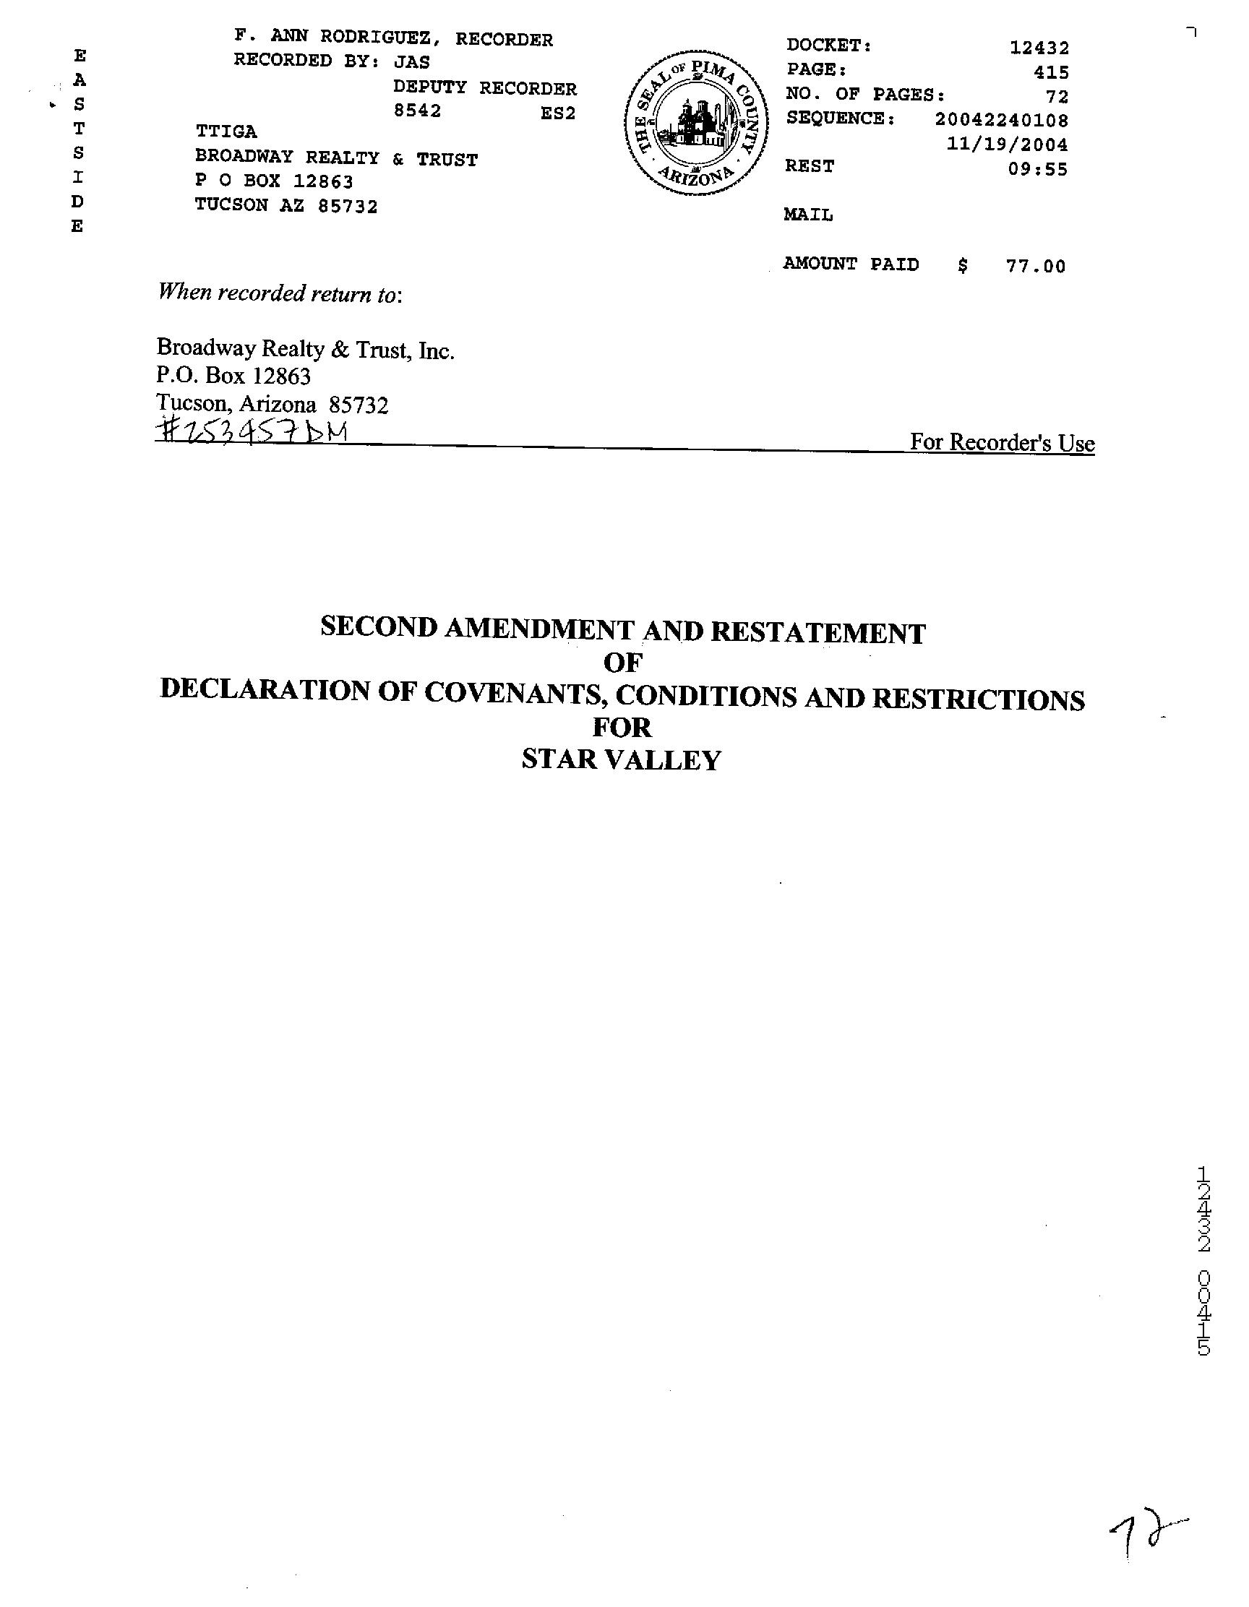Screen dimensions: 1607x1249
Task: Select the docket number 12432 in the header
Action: coord(1039,48)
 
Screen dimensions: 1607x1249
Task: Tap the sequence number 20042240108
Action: coord(1002,119)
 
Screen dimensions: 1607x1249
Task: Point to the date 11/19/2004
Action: coord(1006,145)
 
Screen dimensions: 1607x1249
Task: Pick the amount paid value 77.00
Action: coord(1036,267)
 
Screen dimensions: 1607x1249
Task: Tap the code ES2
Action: coord(558,113)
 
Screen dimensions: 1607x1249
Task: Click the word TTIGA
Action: coord(226,132)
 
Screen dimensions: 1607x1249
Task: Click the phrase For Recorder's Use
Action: coord(1002,443)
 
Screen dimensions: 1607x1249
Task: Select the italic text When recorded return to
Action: coord(280,293)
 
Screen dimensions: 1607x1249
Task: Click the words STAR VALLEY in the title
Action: coord(621,759)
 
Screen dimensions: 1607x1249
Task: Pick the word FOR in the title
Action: coord(622,728)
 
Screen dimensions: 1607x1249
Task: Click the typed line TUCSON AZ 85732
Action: coord(286,207)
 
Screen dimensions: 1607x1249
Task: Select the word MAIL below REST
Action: coord(808,215)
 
